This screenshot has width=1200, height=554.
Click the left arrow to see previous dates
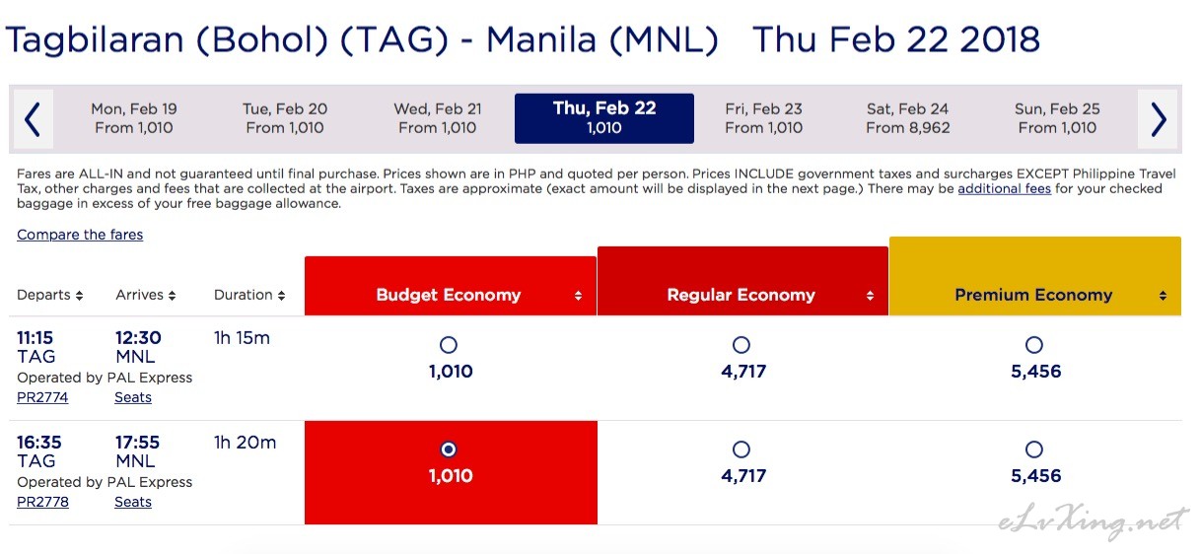tap(33, 119)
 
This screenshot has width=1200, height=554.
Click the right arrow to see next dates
tap(1159, 119)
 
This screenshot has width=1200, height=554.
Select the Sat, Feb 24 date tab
tap(907, 118)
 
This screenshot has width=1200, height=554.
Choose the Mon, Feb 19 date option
tap(134, 118)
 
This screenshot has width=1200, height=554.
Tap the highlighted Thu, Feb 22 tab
tap(604, 118)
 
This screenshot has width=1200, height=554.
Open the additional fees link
tap(1005, 188)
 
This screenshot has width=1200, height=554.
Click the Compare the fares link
tap(80, 235)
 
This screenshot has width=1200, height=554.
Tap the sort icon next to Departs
tap(79, 295)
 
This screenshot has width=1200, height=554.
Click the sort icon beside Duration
tap(281, 295)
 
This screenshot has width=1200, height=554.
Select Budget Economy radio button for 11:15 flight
tap(449, 344)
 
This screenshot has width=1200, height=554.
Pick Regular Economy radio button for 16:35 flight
tap(741, 449)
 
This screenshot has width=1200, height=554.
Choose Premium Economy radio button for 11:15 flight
tap(1034, 344)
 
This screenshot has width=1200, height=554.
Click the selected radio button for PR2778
tap(449, 449)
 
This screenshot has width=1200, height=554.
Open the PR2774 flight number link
tap(42, 397)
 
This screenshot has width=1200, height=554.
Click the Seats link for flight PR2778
tap(133, 502)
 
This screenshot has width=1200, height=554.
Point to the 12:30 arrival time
tap(138, 337)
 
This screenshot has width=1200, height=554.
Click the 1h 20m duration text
tap(245, 442)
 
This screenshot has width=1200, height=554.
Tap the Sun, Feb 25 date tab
tap(1057, 118)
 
